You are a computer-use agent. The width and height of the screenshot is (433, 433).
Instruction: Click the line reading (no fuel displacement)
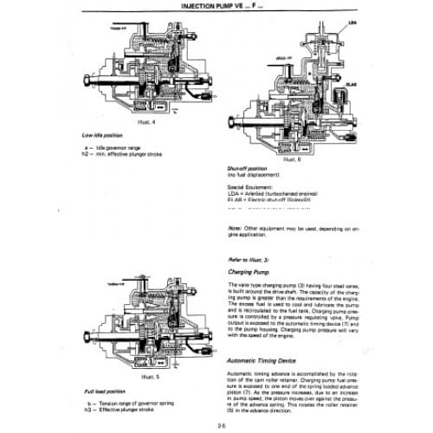257,176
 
